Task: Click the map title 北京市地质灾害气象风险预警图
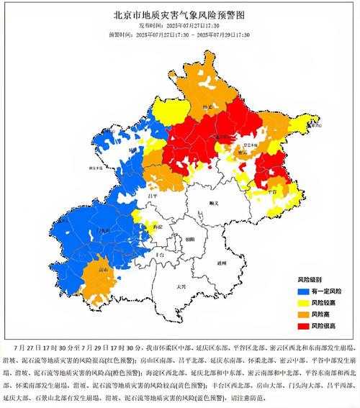point(179,14)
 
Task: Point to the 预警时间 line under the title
point(179,33)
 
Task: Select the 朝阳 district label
point(189,238)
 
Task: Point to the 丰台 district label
point(161,255)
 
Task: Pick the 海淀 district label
point(157,226)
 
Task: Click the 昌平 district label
point(152,196)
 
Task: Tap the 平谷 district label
point(271,192)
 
